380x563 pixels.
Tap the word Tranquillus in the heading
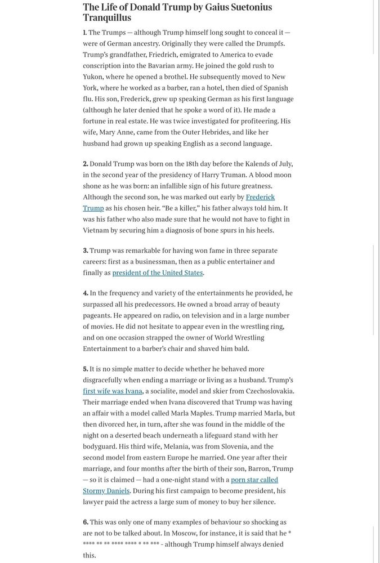pyautogui.click(x=107, y=19)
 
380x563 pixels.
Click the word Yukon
pyautogui.click(x=94, y=77)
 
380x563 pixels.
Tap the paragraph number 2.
pyautogui.click(x=86, y=164)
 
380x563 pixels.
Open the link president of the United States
pyautogui.click(x=157, y=272)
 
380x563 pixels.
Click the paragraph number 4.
pyautogui.click(x=86, y=293)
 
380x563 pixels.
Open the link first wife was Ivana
pyautogui.click(x=113, y=391)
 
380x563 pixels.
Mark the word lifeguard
pyautogui.click(x=221, y=435)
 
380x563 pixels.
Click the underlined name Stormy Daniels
pyautogui.click(x=106, y=490)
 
